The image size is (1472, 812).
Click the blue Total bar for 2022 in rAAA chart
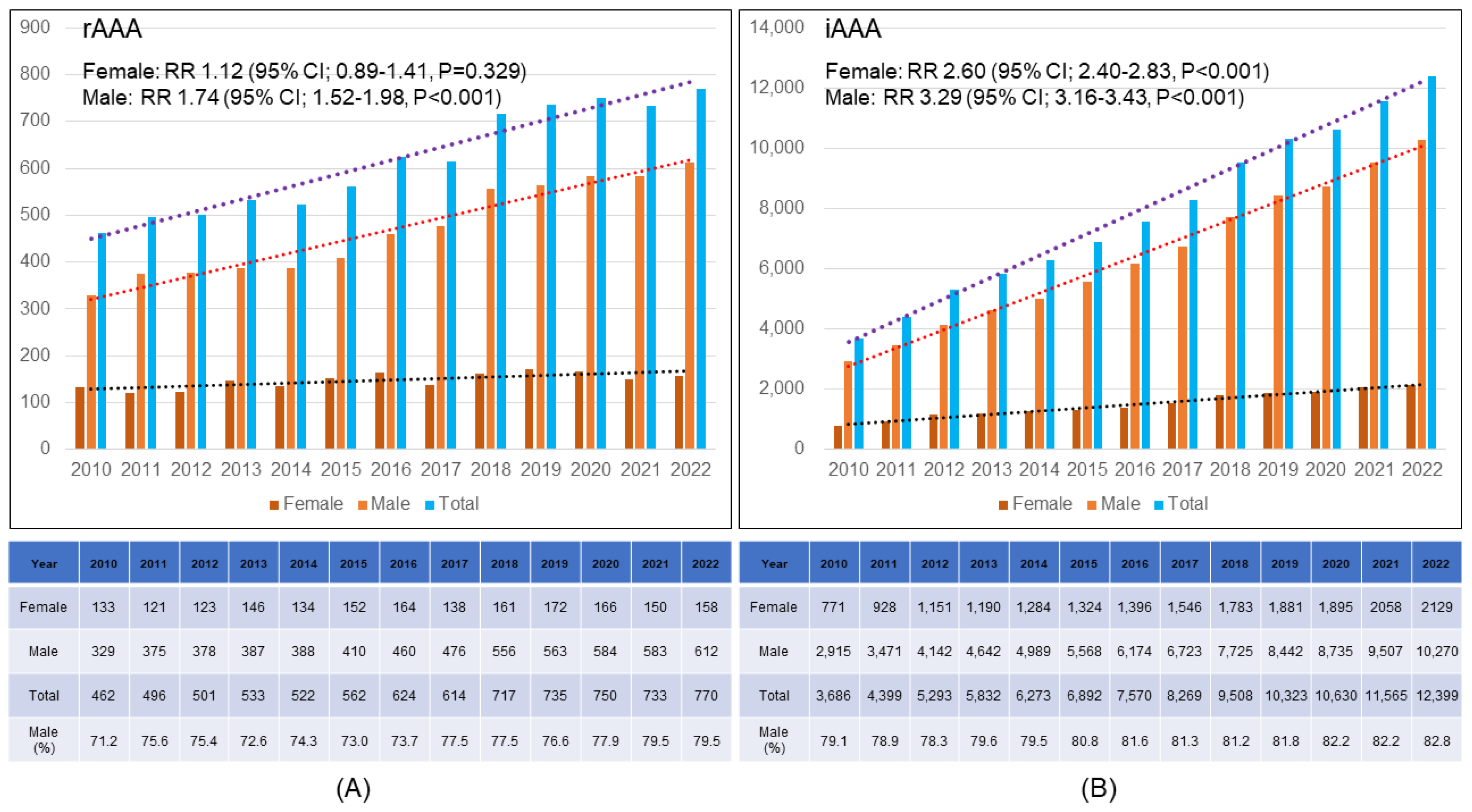tap(701, 269)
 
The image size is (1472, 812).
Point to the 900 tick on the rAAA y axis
tap(35, 27)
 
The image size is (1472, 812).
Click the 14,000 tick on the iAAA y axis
tap(776, 27)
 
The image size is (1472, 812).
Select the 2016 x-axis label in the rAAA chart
tap(390, 469)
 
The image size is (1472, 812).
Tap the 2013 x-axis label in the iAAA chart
tap(992, 469)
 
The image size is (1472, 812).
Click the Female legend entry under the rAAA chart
tap(307, 504)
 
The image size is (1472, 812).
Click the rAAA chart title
tap(112, 29)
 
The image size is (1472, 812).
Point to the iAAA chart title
tap(853, 29)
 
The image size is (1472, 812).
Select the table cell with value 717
tap(504, 696)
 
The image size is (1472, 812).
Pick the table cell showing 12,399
tap(1437, 696)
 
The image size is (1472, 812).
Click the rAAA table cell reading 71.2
tap(104, 741)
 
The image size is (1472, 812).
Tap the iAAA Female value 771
tap(833, 607)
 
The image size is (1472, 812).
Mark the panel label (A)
tap(353, 789)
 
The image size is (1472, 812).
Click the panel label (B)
tap(1098, 789)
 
